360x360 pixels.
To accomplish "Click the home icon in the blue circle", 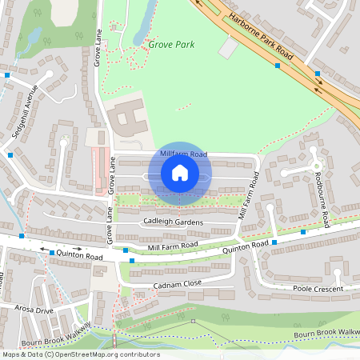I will point(180,172).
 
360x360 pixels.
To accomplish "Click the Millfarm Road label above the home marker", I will point(183,154).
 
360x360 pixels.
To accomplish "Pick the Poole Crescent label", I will point(318,288).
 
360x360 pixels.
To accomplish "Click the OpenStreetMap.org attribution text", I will point(98,354).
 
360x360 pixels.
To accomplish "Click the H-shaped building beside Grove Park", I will point(126,118).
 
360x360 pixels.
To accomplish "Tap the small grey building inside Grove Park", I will point(229,48).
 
